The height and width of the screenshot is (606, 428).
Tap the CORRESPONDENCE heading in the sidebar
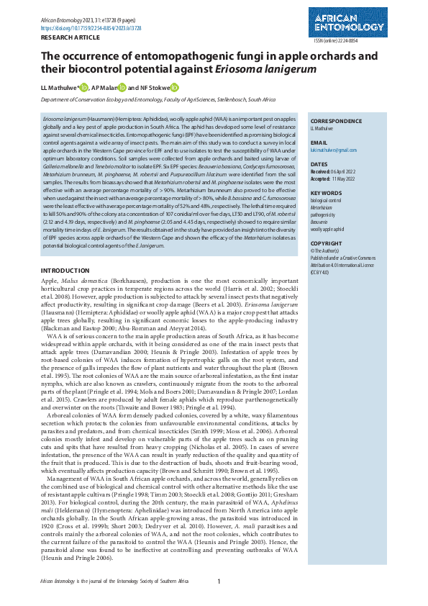[336, 122]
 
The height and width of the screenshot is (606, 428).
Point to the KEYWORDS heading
[325, 194]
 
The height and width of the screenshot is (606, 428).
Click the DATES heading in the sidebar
[319, 164]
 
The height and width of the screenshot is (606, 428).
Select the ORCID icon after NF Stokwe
[175, 88]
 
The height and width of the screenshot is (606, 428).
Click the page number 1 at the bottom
[219, 580]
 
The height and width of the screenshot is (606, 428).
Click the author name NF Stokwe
[154, 88]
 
